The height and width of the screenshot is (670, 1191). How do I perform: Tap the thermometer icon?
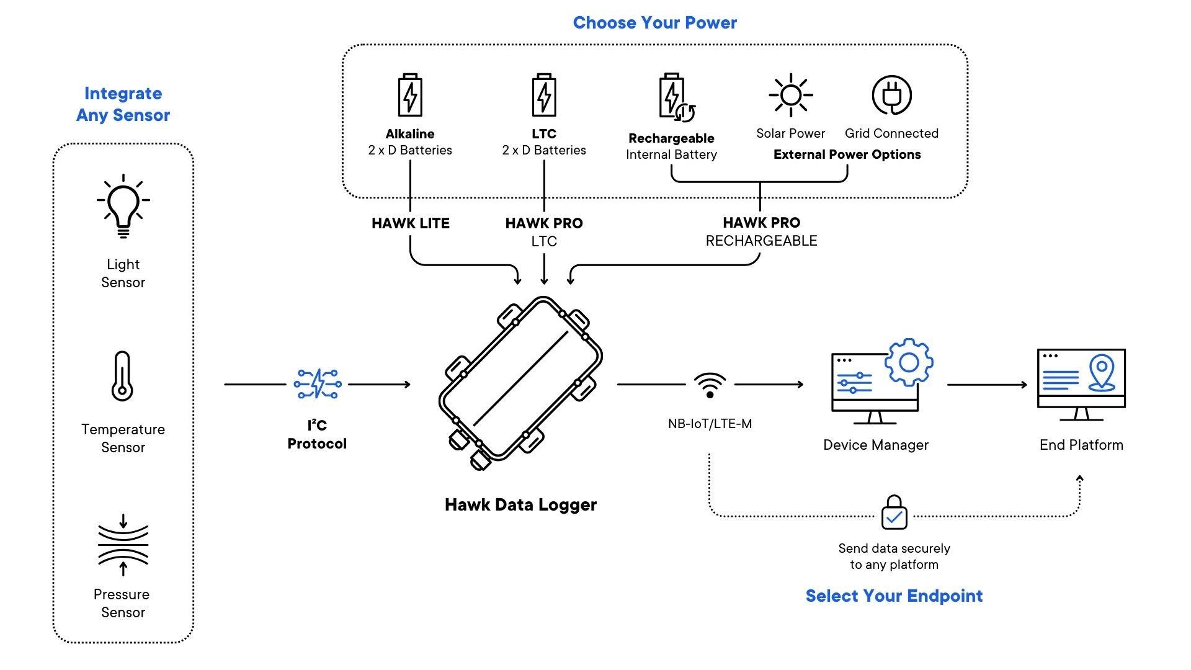[122, 376]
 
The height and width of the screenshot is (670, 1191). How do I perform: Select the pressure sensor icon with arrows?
[123, 545]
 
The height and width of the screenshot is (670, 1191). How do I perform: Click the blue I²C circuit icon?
[317, 383]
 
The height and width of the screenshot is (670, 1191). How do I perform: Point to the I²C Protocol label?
[317, 434]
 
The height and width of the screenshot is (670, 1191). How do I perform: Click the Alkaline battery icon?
[410, 95]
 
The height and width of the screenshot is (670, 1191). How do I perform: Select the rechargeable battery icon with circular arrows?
[675, 97]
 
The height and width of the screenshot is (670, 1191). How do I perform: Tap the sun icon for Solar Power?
[790, 95]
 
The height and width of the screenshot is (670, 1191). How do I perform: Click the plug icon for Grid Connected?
[891, 95]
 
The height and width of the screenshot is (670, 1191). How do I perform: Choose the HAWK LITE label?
[410, 223]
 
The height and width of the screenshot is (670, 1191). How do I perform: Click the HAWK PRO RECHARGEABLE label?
[761, 231]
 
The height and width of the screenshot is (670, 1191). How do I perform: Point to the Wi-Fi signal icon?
[710, 385]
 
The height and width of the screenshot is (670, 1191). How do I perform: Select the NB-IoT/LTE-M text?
[710, 424]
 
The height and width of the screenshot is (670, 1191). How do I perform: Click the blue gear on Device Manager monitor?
[909, 362]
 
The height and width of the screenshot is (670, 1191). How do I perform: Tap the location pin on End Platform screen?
[1102, 372]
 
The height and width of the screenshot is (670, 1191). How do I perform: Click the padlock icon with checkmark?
[894, 513]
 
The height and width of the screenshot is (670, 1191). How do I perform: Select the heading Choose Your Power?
[654, 23]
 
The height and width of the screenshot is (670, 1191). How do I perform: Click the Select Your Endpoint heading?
[894, 596]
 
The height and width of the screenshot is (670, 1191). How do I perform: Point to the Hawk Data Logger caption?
[520, 504]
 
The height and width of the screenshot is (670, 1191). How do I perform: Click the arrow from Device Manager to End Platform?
[986, 385]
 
